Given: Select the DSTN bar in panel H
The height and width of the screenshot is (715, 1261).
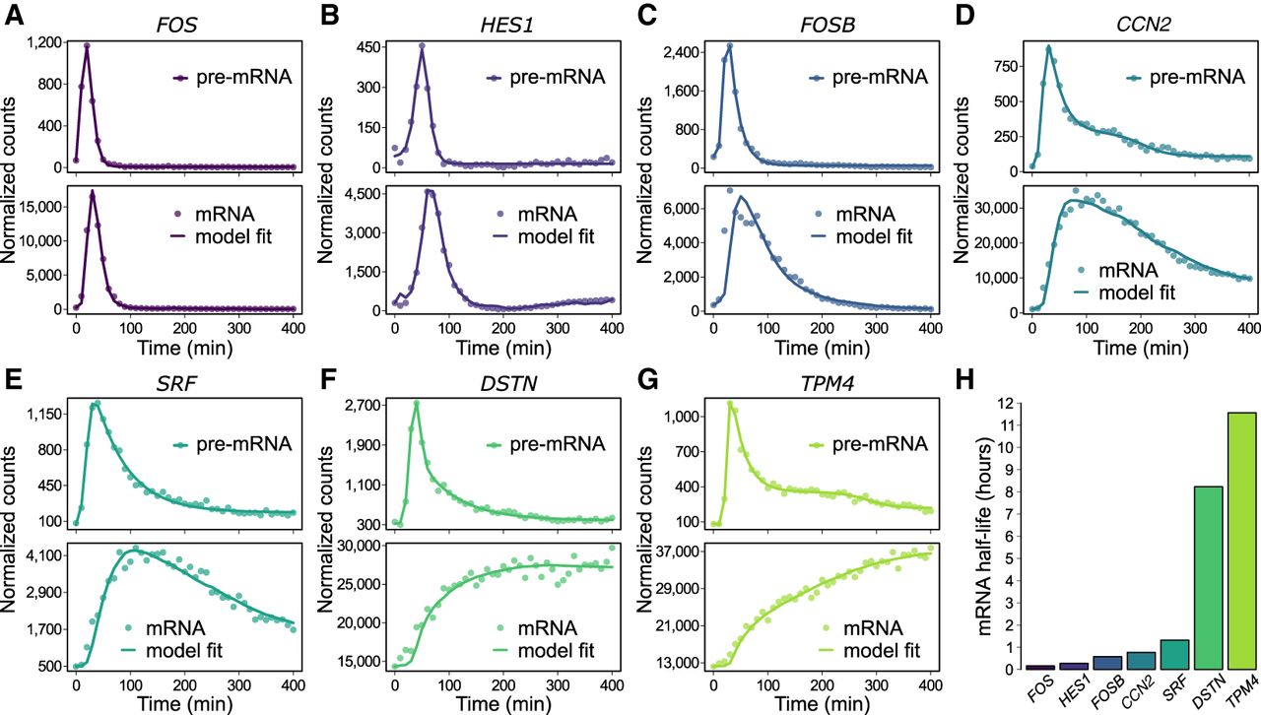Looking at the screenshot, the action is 1208,578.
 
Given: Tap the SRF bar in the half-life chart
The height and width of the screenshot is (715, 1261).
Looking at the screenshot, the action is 1174,655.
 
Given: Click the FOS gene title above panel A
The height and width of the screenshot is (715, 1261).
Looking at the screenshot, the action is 176,26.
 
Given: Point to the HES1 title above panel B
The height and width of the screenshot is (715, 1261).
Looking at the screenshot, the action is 506,26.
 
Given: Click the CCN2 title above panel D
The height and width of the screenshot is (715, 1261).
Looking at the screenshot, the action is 1144,26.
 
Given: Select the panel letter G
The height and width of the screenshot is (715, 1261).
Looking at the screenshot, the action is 648,379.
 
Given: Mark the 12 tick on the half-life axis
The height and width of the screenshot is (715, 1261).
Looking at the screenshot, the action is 1006,403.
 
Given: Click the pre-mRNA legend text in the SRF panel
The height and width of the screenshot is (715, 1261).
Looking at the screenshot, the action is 243,444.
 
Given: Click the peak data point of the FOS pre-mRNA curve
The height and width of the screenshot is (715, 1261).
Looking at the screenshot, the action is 87,45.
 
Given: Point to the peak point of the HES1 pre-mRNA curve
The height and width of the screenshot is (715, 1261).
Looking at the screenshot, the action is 422,46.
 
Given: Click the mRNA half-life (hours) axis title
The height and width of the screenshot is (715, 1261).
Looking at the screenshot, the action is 983,539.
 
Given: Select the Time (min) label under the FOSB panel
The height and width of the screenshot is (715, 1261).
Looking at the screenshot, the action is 822,348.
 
